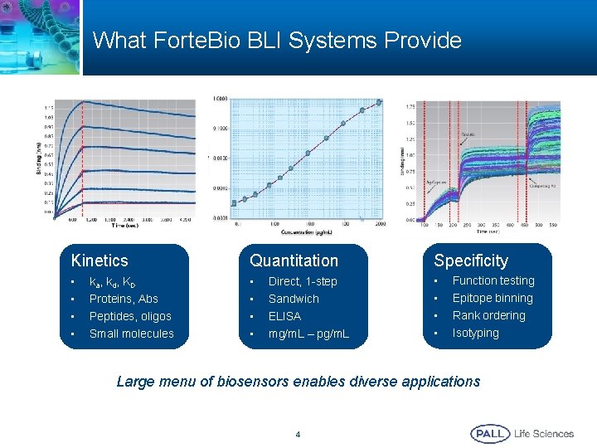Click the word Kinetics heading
(99, 261)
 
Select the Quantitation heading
(294, 261)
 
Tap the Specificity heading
(470, 261)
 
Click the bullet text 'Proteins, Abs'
(124, 299)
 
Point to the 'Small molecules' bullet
(131, 334)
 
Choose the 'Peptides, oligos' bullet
(130, 316)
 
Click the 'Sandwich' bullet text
(294, 299)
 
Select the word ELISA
(284, 316)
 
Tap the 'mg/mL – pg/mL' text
(308, 334)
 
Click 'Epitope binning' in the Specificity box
(493, 298)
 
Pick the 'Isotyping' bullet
(475, 333)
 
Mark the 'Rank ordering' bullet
(488, 315)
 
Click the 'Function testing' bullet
(493, 280)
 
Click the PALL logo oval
(490, 433)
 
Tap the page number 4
(298, 434)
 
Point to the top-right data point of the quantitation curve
(380, 103)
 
